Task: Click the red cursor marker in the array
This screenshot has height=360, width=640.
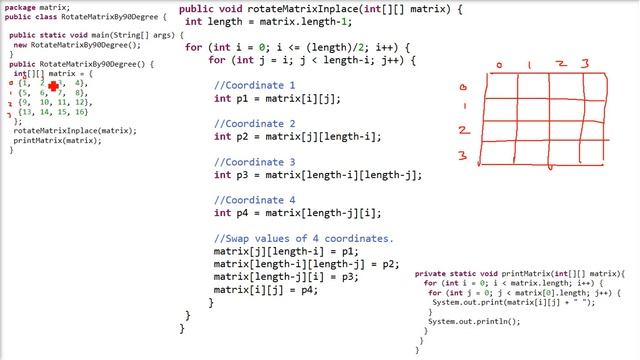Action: point(53,87)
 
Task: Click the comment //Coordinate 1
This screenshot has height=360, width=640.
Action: point(254,85)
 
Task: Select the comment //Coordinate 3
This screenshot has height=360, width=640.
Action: point(254,162)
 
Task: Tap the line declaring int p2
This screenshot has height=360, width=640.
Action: point(297,137)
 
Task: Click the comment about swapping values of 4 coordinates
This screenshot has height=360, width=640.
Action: point(303,239)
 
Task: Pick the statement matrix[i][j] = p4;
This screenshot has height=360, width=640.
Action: point(265,290)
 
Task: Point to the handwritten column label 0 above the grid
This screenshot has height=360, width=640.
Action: point(499,65)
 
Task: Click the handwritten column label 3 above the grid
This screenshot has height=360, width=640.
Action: point(586,65)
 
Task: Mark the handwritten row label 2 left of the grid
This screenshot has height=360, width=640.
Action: point(463,130)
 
